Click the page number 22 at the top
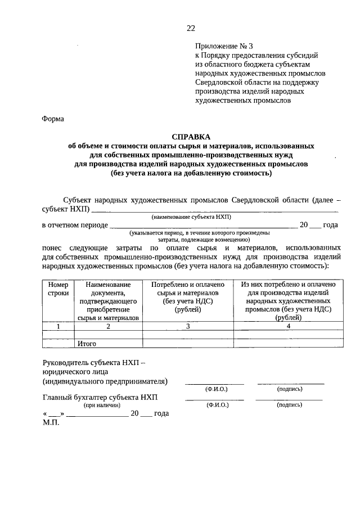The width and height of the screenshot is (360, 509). pos(191,28)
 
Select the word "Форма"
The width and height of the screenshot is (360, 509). pos(53,119)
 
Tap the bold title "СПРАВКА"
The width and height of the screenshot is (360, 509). pos(191,137)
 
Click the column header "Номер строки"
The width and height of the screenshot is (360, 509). pos(58,289)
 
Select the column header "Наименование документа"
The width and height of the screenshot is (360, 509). pos(108,301)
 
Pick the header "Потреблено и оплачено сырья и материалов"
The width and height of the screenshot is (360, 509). pos(188,297)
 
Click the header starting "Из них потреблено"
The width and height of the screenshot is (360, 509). pos(288,301)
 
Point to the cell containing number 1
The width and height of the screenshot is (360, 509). pos(58,326)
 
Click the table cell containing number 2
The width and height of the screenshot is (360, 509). pos(108,326)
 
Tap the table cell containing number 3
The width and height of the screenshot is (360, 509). pos(188,326)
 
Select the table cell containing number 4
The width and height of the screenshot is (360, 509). pos(288,326)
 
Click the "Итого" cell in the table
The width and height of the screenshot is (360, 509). pos(87,343)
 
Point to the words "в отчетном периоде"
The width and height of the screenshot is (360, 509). pos(75,225)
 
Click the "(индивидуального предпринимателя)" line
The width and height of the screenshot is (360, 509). pos(105,381)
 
